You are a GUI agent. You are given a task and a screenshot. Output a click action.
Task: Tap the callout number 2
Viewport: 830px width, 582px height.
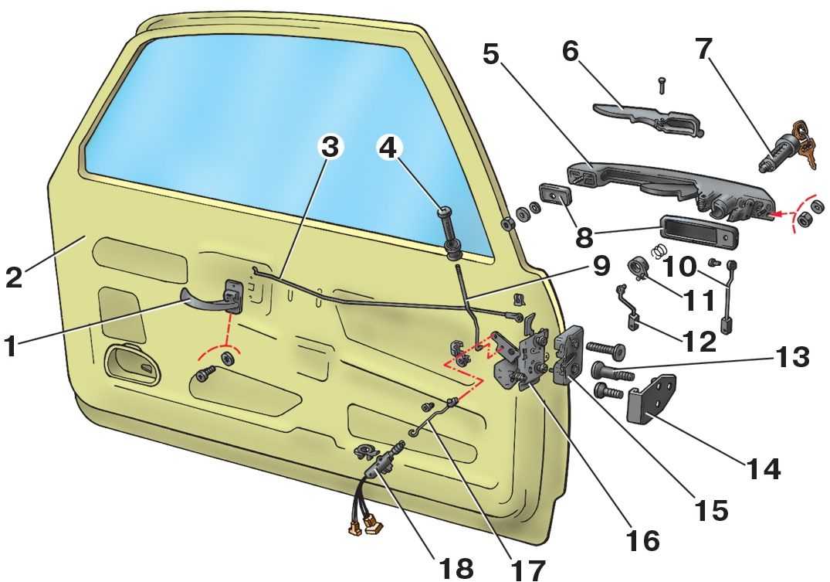coord(13,276)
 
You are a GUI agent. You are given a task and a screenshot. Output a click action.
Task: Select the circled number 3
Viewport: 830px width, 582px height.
coord(330,149)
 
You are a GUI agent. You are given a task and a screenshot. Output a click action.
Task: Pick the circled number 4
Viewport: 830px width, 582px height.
coord(391,149)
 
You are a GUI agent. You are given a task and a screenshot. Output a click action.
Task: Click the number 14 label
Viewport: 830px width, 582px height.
coord(762,468)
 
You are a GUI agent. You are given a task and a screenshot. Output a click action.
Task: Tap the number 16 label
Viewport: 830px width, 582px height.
coord(643,539)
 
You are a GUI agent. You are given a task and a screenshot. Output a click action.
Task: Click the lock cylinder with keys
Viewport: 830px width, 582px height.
coord(789,147)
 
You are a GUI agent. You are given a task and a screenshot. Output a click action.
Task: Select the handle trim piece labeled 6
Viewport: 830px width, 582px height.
coord(649,116)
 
